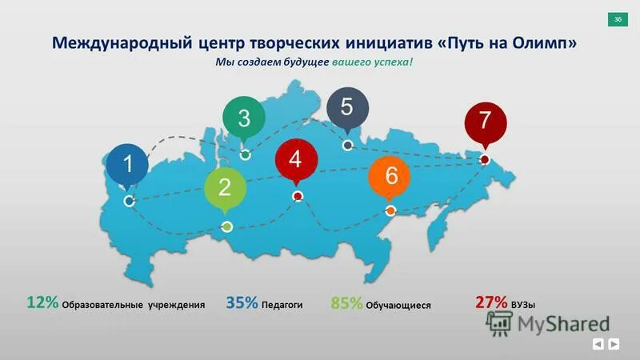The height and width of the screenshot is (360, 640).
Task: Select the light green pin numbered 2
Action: point(224,189)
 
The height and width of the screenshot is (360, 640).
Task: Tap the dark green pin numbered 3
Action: point(244,118)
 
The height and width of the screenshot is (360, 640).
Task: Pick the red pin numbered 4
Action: point(295,159)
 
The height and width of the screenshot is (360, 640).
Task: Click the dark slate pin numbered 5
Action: point(347,107)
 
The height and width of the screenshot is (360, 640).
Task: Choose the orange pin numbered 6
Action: point(390,177)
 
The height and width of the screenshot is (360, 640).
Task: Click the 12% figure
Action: point(42,302)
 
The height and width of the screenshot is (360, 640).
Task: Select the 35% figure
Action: point(242,303)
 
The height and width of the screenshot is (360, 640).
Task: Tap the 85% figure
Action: point(346,303)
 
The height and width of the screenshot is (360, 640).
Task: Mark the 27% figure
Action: point(491,302)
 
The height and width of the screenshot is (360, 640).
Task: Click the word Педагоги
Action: point(282,305)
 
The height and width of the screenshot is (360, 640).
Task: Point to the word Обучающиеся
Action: point(399,306)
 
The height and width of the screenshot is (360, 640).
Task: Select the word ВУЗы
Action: point(523,305)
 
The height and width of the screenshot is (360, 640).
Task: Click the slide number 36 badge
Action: point(618,19)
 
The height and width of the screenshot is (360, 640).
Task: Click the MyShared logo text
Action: point(563,324)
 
